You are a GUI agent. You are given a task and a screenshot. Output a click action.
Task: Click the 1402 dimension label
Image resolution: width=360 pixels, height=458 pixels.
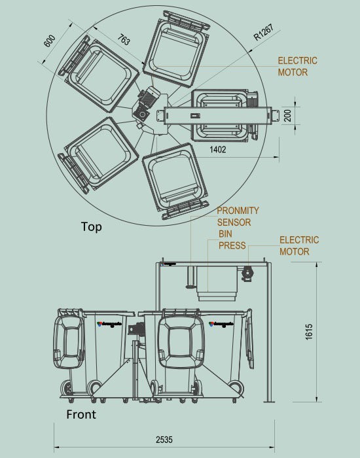(218, 150)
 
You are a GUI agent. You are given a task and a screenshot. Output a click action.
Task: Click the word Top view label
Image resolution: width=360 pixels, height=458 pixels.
(91, 227)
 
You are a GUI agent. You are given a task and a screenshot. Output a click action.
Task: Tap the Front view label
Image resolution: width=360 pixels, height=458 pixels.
(81, 414)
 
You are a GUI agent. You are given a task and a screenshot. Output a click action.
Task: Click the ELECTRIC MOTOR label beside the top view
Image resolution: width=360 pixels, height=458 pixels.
(297, 66)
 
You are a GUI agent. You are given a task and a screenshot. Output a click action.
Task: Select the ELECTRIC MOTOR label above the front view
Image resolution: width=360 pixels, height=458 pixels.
(299, 245)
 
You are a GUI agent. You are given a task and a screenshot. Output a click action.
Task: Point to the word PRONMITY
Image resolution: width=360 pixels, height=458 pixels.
(238, 211)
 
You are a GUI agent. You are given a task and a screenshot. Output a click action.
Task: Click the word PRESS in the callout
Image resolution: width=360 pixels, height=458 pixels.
(232, 246)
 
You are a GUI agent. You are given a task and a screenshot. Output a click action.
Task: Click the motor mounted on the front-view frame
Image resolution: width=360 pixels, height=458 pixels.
(247, 273)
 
